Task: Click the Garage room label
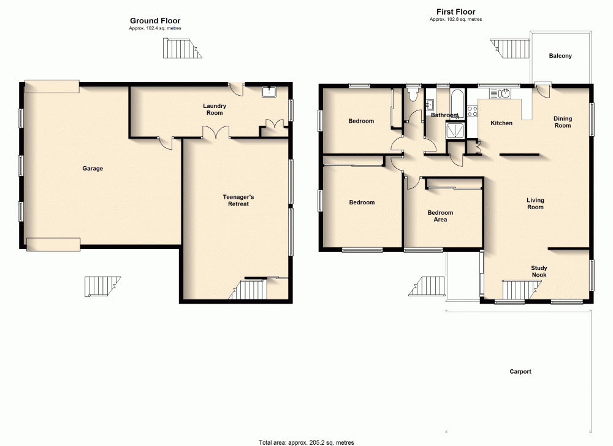[x=93, y=169]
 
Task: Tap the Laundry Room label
[x=215, y=109]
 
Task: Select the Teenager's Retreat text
[x=236, y=200]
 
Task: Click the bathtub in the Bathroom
[x=457, y=102]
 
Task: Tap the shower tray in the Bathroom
[x=456, y=130]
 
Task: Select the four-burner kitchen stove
[x=473, y=112]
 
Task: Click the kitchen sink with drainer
[x=500, y=93]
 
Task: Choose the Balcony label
[x=560, y=56]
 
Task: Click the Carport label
[x=520, y=372]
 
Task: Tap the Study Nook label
[x=539, y=271]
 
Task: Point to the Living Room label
[x=535, y=204]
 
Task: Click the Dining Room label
[x=562, y=122]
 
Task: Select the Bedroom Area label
[x=440, y=216]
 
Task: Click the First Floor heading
[x=455, y=12]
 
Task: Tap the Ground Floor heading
[x=154, y=21]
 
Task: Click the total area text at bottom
[x=306, y=442]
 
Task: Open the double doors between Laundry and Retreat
[x=216, y=133]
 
